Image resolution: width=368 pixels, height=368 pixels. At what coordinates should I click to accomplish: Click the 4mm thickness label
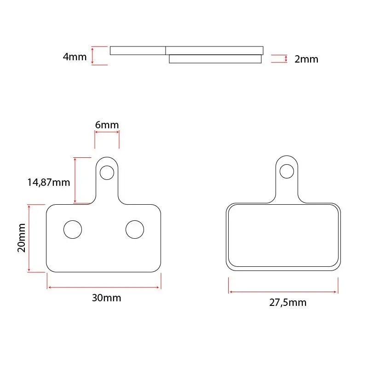(x=75, y=57)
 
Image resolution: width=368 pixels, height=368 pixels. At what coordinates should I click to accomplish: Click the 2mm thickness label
(x=306, y=59)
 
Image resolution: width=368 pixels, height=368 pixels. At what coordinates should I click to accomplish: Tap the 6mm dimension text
(x=107, y=125)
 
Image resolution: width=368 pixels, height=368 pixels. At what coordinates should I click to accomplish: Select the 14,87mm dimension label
(x=49, y=182)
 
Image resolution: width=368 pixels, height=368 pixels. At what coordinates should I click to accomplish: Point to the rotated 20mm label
(x=21, y=238)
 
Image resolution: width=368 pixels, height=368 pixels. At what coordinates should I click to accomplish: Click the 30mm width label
(x=106, y=298)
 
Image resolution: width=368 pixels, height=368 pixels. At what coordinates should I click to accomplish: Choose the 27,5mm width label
(x=288, y=303)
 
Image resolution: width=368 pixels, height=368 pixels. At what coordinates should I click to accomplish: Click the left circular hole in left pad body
(x=73, y=230)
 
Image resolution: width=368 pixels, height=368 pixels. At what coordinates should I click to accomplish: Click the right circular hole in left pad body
(x=135, y=230)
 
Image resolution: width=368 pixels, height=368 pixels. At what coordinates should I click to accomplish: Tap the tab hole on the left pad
(x=107, y=173)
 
